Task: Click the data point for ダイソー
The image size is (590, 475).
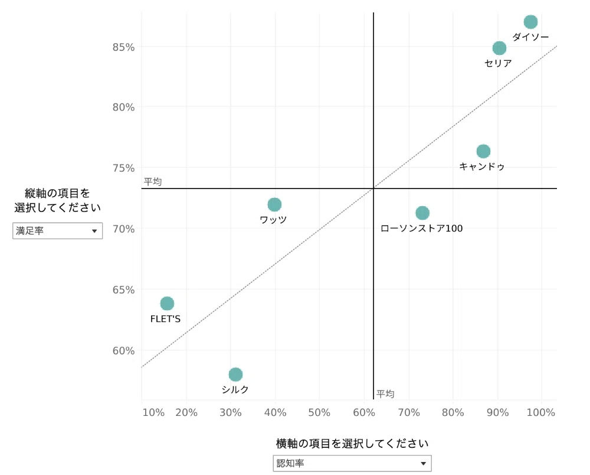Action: click(x=530, y=22)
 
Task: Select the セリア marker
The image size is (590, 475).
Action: click(x=499, y=48)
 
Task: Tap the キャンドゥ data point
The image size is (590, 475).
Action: click(x=484, y=151)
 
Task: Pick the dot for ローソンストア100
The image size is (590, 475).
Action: click(x=422, y=213)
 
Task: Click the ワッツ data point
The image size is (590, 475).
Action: click(x=275, y=204)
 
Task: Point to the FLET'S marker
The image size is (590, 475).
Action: click(x=167, y=303)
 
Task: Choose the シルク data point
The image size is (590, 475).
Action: click(x=235, y=375)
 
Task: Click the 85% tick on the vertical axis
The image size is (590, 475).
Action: click(x=123, y=47)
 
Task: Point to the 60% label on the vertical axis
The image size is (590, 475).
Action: click(x=123, y=351)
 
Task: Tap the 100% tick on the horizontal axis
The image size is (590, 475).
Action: click(x=540, y=412)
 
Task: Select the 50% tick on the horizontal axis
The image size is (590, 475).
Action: click(x=319, y=412)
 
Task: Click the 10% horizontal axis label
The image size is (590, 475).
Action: click(x=153, y=412)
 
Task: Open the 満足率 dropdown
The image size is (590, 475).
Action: click(x=58, y=230)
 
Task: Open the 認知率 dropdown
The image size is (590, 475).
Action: click(x=352, y=463)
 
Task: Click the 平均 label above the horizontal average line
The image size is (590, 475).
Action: click(x=153, y=181)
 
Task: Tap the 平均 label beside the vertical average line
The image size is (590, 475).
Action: click(x=385, y=393)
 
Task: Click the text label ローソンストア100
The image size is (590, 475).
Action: click(x=421, y=228)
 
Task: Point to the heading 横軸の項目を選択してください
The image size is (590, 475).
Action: click(x=352, y=443)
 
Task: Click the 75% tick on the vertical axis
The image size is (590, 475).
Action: click(x=123, y=168)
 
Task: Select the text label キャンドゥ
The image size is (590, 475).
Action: click(x=481, y=166)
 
